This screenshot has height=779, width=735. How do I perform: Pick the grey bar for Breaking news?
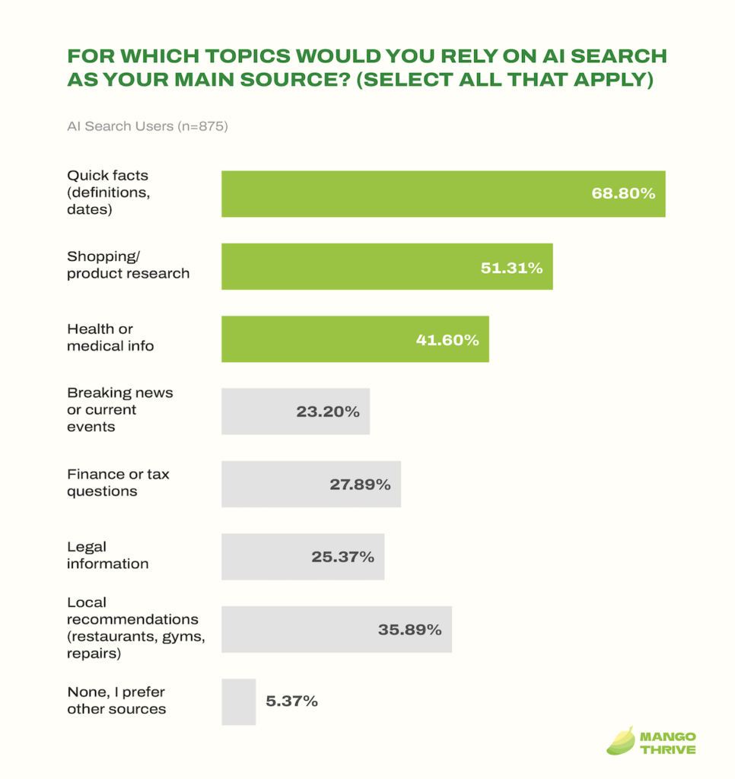pyautogui.click(x=259, y=412)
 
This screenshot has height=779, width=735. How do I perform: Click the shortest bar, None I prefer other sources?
pyautogui.click(x=238, y=701)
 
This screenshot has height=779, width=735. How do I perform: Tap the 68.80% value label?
pyautogui.click(x=623, y=194)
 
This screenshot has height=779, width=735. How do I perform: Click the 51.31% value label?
pyautogui.click(x=511, y=267)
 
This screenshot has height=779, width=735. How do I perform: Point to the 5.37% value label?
pyautogui.click(x=291, y=701)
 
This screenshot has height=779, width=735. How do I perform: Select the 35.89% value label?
pyautogui.click(x=409, y=630)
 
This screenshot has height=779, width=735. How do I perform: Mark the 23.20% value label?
pyautogui.click(x=327, y=412)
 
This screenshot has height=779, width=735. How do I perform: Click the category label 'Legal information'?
pyautogui.click(x=107, y=555)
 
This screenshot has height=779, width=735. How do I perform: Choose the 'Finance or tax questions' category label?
pyautogui.click(x=118, y=482)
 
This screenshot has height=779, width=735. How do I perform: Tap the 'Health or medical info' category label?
pyautogui.click(x=110, y=337)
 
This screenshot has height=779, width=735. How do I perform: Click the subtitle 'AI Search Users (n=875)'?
pyautogui.click(x=148, y=126)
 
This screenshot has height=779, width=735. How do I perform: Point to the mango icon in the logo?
pyautogui.click(x=620, y=741)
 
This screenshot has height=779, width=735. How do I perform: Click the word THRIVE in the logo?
pyautogui.click(x=667, y=749)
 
